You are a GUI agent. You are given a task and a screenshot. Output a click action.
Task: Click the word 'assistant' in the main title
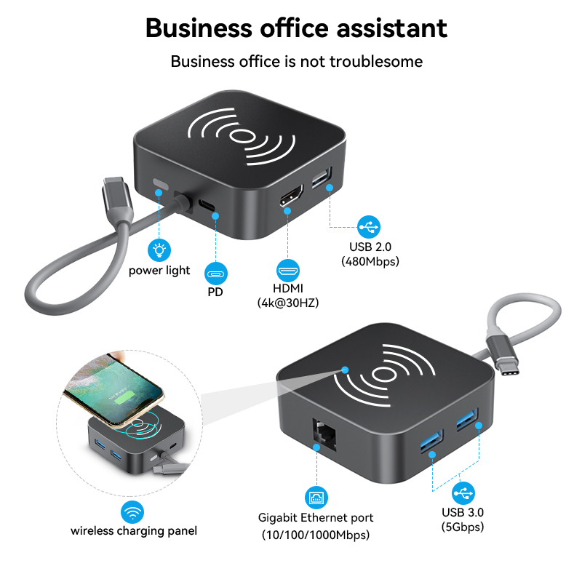(387, 28)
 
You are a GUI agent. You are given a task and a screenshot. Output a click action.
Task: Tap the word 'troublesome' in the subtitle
(376, 61)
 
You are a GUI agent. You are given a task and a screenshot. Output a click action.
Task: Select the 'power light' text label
(159, 271)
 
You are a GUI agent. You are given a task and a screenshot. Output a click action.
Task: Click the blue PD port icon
(215, 275)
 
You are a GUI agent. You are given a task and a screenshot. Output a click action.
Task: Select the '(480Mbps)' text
(370, 261)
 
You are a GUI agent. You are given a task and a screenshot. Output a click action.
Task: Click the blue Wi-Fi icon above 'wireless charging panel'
(132, 513)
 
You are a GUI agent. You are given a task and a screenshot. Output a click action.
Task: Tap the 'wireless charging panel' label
(134, 531)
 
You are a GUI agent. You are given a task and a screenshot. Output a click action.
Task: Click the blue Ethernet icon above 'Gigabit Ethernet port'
(317, 498)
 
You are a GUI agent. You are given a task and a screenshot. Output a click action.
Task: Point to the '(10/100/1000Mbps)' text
(316, 535)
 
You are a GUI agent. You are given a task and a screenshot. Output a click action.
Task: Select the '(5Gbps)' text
(463, 527)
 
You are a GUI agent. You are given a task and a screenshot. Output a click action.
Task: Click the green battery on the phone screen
(119, 399)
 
